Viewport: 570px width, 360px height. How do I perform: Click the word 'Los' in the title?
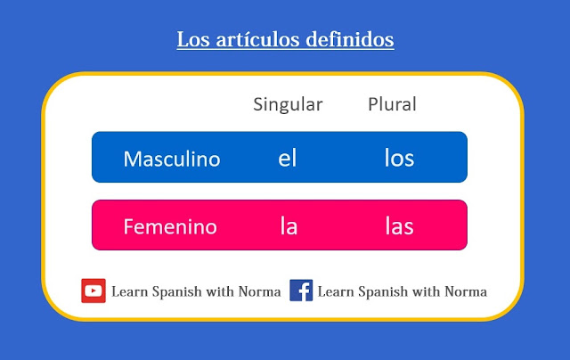tap(191, 40)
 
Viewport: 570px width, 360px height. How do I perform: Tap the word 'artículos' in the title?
tap(251, 40)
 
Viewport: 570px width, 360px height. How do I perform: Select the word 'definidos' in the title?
tap(348, 40)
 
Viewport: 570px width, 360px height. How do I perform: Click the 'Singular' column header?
tap(288, 104)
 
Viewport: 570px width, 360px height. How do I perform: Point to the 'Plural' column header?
tap(392, 104)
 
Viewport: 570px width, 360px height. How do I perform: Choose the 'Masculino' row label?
tap(172, 159)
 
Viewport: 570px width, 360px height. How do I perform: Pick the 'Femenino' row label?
tap(170, 226)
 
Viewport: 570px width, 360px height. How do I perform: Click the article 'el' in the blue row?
tap(287, 159)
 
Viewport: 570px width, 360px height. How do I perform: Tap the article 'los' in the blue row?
tap(399, 159)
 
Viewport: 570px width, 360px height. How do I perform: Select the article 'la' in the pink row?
tap(288, 226)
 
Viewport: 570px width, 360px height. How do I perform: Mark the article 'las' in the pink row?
tap(399, 226)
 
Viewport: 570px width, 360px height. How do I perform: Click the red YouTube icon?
tap(94, 290)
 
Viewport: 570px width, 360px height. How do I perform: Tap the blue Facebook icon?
tap(301, 290)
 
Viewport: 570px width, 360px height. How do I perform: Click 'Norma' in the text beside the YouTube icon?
tap(261, 291)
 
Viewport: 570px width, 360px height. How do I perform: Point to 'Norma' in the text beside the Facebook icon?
tap(467, 291)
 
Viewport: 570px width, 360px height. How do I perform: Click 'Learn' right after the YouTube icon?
tap(130, 291)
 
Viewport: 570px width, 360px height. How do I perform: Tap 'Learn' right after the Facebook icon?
tap(336, 291)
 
